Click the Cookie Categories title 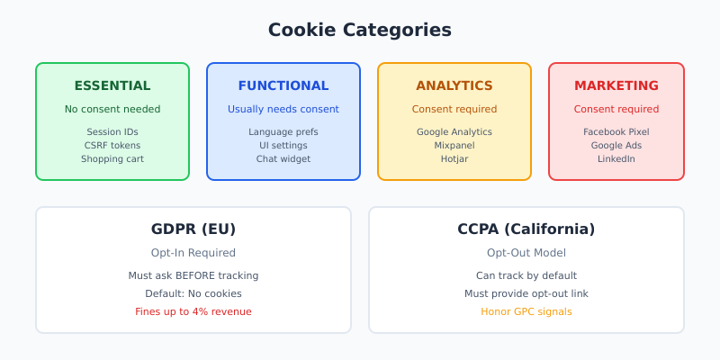click(360, 30)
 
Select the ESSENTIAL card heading click(112, 86)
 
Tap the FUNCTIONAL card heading click(283, 86)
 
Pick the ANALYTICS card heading click(454, 86)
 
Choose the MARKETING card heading click(616, 86)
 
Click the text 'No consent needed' click(112, 110)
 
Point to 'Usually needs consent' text click(283, 110)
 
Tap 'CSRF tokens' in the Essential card click(112, 145)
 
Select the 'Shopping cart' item click(112, 159)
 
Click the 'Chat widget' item click(283, 159)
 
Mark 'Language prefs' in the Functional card click(283, 131)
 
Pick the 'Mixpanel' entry click(454, 145)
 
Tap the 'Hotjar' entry click(454, 159)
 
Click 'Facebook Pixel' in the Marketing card click(616, 131)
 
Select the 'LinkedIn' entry click(616, 159)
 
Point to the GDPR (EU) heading click(193, 229)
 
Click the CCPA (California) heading click(526, 229)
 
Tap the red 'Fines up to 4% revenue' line click(193, 311)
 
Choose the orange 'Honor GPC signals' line click(526, 311)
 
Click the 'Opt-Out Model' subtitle click(526, 253)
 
